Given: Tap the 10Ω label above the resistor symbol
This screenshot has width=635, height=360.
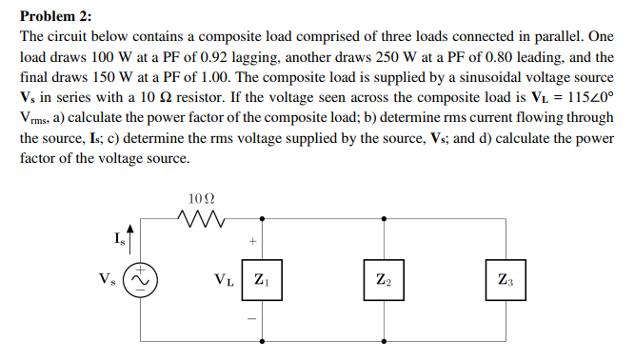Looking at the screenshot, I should click(202, 200).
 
